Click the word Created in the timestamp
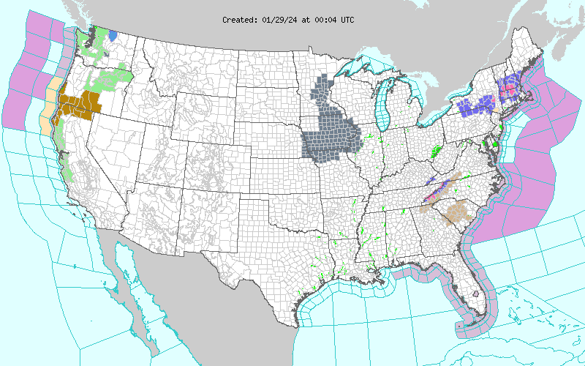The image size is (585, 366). (238, 20)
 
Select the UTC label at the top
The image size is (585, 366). (346, 20)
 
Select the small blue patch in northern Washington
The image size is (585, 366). (112, 34)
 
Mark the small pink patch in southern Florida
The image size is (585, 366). (476, 293)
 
